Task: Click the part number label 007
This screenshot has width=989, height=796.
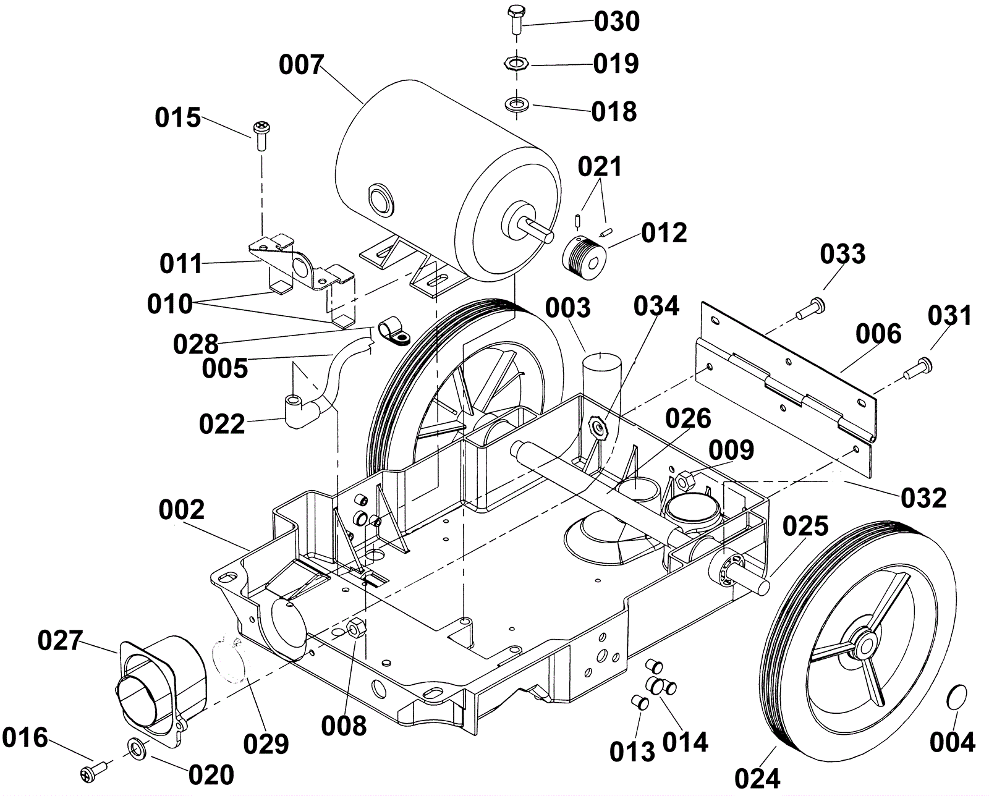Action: coord(302,65)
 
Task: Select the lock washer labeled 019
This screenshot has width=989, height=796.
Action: coord(517,62)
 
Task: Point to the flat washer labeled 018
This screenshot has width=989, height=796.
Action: coord(517,104)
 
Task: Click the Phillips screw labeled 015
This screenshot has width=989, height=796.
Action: coord(261,135)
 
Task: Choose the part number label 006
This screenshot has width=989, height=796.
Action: coord(878,334)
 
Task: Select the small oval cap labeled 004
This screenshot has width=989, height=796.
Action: coord(957,698)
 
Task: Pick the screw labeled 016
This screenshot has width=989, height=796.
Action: coord(94,773)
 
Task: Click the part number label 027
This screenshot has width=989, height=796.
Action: coord(60,640)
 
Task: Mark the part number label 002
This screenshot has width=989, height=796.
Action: coord(182,510)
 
